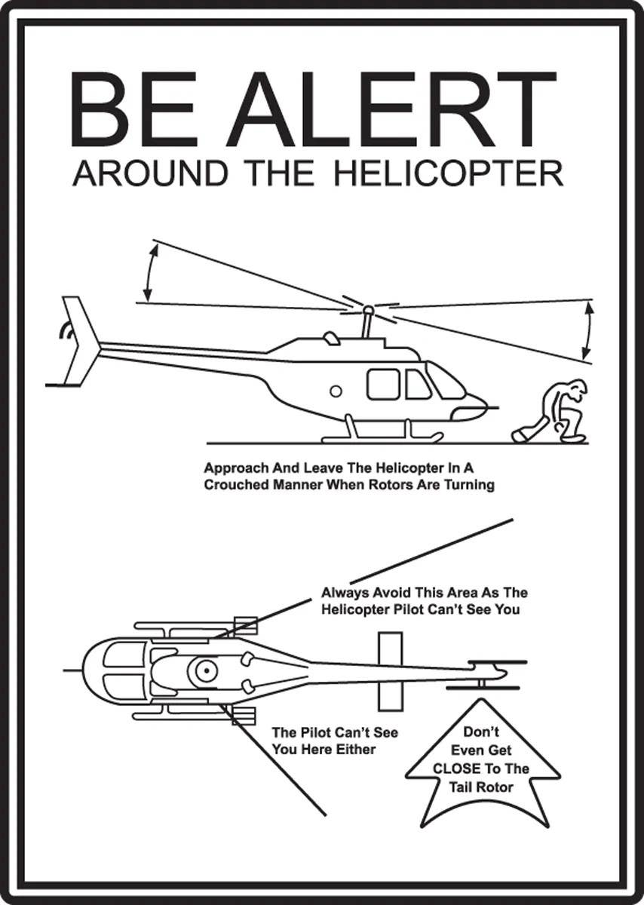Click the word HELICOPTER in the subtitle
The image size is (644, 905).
coord(448,174)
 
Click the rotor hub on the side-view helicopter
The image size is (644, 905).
coord(368,309)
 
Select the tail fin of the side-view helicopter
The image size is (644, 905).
coord(81,339)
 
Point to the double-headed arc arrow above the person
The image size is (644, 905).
coord(587,330)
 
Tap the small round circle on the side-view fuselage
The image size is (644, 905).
coord(336,391)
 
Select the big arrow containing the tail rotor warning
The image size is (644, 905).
coord(483,762)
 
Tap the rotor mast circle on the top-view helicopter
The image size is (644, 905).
coord(203,669)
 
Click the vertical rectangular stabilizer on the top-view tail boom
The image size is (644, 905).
coord(390,670)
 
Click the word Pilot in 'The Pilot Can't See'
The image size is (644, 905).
coord(316,732)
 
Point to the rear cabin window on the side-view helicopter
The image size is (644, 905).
coord(383,384)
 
